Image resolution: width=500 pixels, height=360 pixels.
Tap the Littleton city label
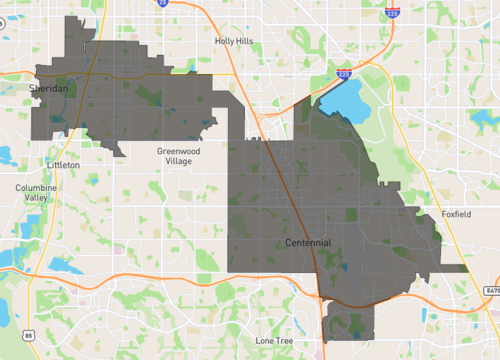tap(62, 163)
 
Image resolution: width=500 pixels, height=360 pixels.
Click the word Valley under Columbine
tap(36, 198)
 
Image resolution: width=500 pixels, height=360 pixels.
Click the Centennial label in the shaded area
tap(307, 243)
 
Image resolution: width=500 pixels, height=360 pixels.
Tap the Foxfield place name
tap(455, 214)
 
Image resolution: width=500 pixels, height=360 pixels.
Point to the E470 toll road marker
tap(489, 289)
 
